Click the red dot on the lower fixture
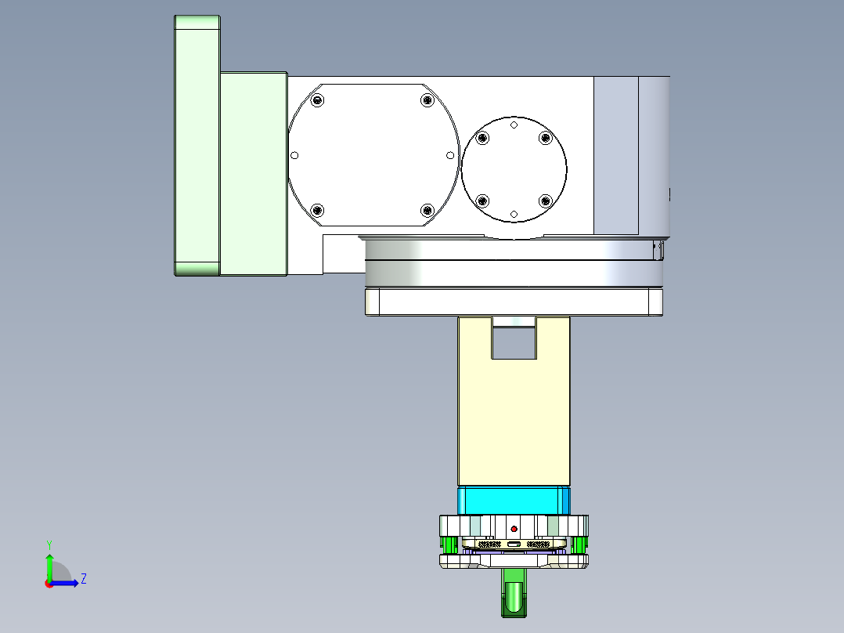(514, 528)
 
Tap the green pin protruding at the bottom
(514, 595)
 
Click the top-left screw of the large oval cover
(317, 99)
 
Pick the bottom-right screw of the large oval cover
(427, 210)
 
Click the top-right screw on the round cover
(546, 139)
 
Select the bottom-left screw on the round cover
(482, 200)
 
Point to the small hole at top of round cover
(514, 125)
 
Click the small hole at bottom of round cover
(514, 214)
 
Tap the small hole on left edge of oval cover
(295, 155)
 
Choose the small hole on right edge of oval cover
(450, 155)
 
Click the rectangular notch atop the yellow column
(514, 342)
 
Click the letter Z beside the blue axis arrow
(83, 579)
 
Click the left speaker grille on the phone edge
(490, 544)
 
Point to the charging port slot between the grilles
(514, 544)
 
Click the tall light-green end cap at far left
(197, 146)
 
